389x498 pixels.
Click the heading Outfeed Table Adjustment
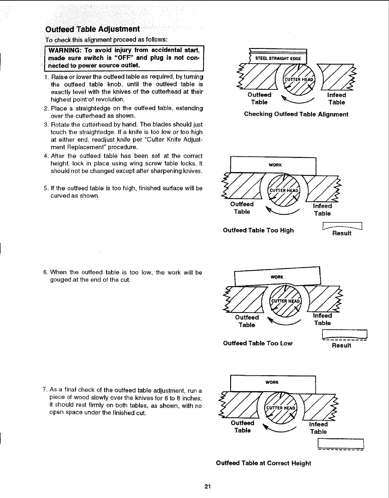pos(93,29)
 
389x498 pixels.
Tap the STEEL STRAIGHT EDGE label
pos(276,59)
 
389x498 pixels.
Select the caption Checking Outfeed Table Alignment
pos(296,114)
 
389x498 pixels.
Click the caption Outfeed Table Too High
pos(258,230)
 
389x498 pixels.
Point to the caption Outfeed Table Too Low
pos(258,343)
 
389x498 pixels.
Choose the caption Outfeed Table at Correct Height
pos(263,463)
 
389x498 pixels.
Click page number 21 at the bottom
pos(208,487)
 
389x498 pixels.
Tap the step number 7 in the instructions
pos(45,390)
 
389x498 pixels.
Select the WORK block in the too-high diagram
pos(273,165)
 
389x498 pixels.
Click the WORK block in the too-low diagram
pos(277,277)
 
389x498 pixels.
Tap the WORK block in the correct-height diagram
pos(272,383)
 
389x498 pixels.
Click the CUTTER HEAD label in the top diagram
pos(299,80)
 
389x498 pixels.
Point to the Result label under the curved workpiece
pos(342,233)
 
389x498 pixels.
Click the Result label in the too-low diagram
pos(341,345)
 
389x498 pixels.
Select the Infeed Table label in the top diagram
pos(336,99)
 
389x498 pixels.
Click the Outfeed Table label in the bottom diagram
pos(243,426)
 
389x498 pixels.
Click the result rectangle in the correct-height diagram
pos(341,443)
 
